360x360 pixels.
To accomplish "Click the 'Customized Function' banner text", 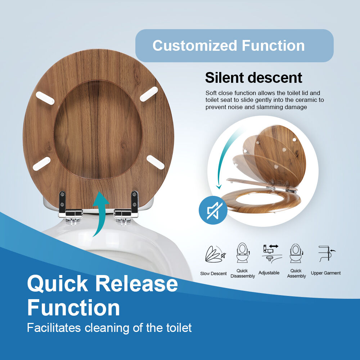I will click(x=229, y=46).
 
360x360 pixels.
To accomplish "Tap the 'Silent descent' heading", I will click(x=253, y=78).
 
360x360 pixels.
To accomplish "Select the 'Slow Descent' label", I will click(x=213, y=274).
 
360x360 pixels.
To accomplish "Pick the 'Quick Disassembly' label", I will click(x=243, y=274).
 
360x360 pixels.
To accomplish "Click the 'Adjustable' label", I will click(x=269, y=273).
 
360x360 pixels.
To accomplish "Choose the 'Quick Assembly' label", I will click(x=296, y=274).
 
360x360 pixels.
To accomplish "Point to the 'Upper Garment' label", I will click(x=326, y=273).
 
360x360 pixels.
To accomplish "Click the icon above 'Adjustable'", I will click(x=270, y=252).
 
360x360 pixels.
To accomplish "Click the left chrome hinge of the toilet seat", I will click(x=69, y=209).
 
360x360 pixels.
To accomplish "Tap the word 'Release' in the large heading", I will click(x=136, y=284).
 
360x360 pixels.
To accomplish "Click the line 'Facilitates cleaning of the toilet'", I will click(x=109, y=328).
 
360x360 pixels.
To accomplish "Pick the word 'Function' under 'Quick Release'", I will click(x=73, y=308).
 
